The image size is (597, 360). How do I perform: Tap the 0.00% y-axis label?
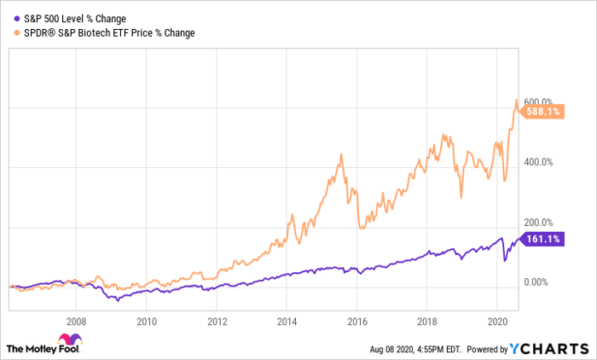537,282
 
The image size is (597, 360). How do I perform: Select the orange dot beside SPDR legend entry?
9,33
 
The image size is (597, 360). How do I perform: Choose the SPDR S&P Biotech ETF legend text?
105,33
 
